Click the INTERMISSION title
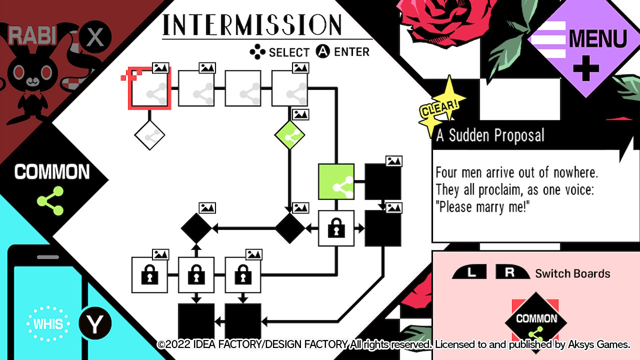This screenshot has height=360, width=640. (x=252, y=24)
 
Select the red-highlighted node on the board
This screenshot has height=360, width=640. (x=150, y=88)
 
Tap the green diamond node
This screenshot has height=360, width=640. (x=290, y=135)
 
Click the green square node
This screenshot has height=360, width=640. (x=336, y=181)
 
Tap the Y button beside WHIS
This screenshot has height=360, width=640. (x=94, y=324)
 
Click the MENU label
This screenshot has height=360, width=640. (x=597, y=39)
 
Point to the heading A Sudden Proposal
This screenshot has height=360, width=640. (x=490, y=135)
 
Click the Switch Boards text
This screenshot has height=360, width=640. (x=572, y=273)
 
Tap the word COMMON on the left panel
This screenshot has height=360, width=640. (x=52, y=172)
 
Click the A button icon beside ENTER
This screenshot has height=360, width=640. (x=323, y=51)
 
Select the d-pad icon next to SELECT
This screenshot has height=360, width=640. (x=257, y=52)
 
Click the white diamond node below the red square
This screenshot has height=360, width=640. (x=149, y=135)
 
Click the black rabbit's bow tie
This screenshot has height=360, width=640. (x=33, y=94)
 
